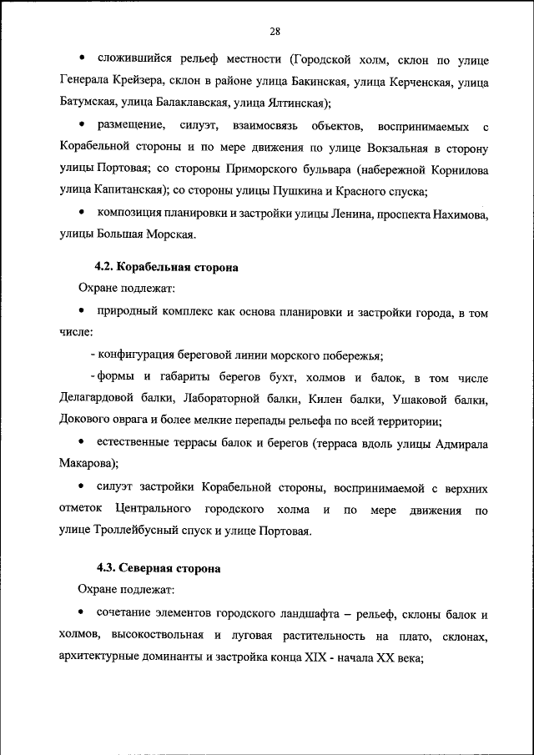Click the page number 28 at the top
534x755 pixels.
point(275,32)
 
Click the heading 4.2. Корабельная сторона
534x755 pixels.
point(167,268)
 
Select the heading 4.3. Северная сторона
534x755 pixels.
point(159,568)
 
